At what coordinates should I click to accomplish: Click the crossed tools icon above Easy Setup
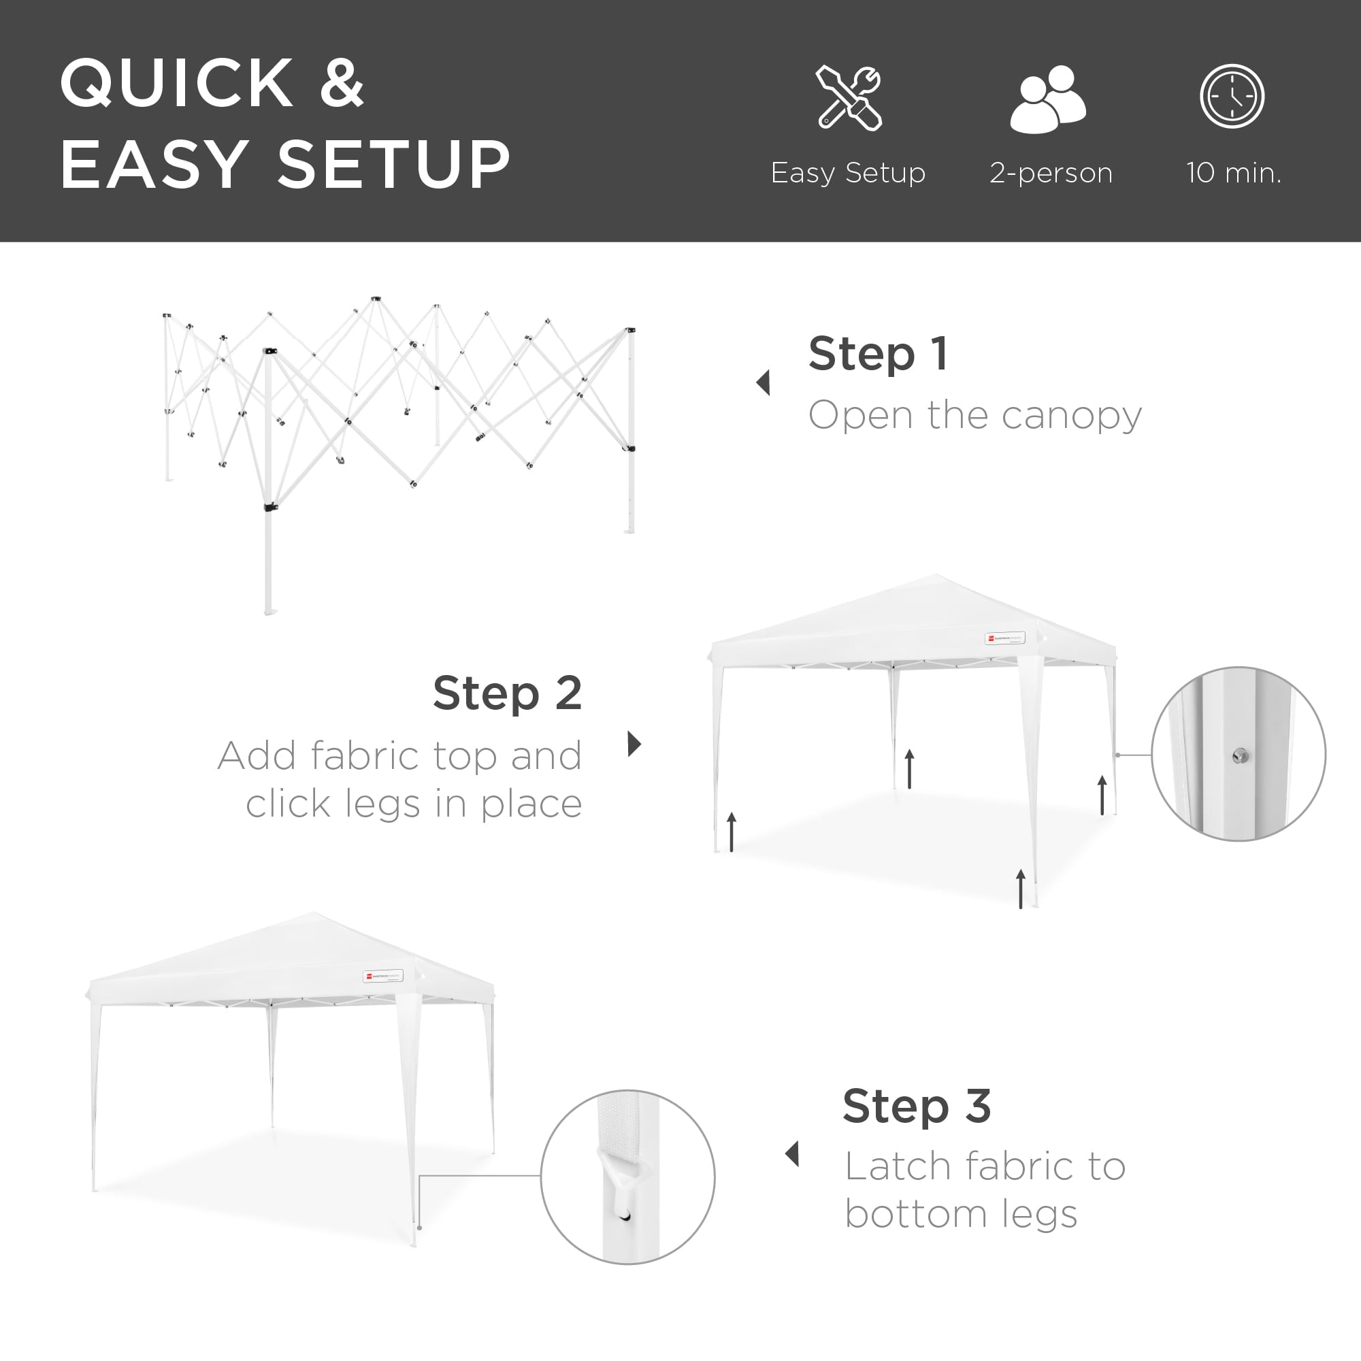(x=849, y=98)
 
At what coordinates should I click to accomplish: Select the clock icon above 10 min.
(x=1232, y=97)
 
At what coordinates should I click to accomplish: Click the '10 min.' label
(x=1234, y=173)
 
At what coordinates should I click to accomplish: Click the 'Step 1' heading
(x=878, y=354)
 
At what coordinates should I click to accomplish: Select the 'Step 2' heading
(x=507, y=693)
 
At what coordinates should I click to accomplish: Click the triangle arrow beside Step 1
(x=763, y=382)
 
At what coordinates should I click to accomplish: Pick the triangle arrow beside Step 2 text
(x=634, y=743)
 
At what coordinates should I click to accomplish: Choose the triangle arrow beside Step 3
(x=793, y=1154)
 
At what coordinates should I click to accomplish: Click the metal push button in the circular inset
(x=1241, y=757)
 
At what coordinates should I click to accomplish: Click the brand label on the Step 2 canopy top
(x=1004, y=638)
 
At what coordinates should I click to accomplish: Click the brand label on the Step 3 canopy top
(x=383, y=977)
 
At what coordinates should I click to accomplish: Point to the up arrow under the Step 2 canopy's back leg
(x=909, y=768)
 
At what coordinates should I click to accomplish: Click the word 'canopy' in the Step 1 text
(x=1070, y=416)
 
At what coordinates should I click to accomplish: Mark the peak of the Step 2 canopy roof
(x=936, y=576)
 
